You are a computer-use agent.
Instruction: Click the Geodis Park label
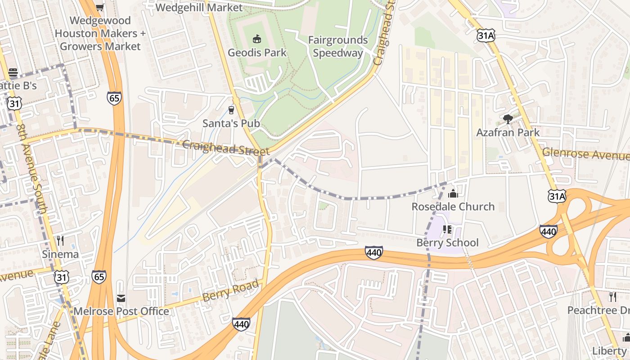257,53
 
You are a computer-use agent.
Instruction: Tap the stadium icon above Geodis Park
257,39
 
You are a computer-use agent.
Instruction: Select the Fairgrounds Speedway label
337,46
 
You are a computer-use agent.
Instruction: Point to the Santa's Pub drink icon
231,110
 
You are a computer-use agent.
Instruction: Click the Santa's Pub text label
231,123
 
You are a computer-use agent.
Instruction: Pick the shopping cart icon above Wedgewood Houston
99,7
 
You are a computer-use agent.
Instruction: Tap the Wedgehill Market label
198,8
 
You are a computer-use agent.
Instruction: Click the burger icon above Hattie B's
13,72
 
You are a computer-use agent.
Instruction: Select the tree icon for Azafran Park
508,119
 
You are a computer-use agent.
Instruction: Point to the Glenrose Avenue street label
585,154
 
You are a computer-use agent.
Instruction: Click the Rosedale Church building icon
453,193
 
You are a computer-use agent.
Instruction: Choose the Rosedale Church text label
453,207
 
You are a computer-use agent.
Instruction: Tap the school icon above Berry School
447,229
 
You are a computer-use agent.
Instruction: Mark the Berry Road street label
231,290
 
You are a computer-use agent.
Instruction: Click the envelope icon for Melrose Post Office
121,298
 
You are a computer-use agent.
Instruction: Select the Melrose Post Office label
121,311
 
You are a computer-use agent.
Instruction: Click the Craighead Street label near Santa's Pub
226,148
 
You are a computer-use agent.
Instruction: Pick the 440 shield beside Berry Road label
241,324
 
